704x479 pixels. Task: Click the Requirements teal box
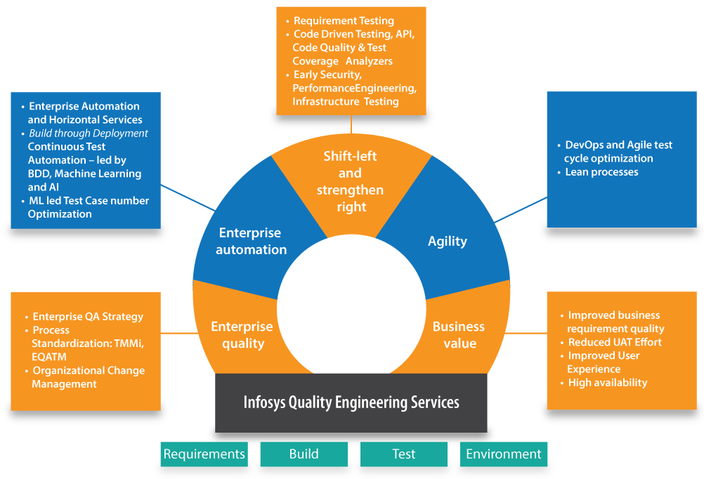coord(204,454)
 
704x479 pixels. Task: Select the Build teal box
coord(304,454)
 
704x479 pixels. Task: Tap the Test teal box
coord(403,454)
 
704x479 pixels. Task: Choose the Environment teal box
coord(504,454)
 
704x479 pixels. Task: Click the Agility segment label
coord(448,241)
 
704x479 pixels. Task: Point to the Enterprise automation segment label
coord(251,241)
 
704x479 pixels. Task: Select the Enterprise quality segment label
coord(242,335)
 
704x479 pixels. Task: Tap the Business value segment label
coord(459,335)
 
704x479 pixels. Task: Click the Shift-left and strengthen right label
coord(350,181)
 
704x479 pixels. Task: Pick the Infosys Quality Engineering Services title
coord(351,402)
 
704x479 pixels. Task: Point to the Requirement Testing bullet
coord(344,21)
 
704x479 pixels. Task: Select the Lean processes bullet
coord(601,172)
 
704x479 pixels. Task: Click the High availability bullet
coord(607,383)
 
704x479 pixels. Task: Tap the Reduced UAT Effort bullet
coord(615,342)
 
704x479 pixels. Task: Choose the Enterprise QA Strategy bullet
coord(88,317)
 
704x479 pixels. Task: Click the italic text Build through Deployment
coord(89,133)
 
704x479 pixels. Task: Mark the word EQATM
coord(50,357)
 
